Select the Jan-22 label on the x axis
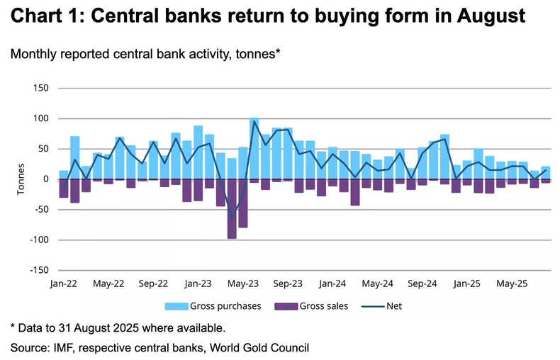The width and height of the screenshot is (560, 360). click(x=63, y=283)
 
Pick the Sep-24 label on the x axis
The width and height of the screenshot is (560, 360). click(x=422, y=283)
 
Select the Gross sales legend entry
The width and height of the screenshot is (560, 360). click(x=304, y=306)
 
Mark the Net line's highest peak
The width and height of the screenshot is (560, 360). click(x=254, y=121)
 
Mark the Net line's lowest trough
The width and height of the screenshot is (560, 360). click(x=232, y=217)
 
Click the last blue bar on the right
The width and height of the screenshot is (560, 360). click(x=545, y=172)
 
